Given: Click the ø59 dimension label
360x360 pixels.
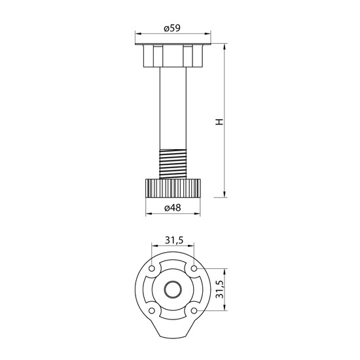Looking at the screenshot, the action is [172, 28].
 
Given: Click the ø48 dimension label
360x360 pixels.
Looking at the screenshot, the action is [173, 207].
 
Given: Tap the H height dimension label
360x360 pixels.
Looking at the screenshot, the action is [219, 122].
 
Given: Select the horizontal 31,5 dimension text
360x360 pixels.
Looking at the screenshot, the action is [174, 240].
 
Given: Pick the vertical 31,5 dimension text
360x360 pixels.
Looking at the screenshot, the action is [220, 289].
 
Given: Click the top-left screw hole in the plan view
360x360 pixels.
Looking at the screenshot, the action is [152, 268].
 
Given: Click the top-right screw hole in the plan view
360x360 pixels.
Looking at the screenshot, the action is [194, 268].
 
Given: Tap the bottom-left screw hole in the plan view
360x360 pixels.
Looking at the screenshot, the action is [152, 311].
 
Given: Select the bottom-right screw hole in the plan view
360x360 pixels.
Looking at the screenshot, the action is [194, 311].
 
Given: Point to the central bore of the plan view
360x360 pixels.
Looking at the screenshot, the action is [173, 289].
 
